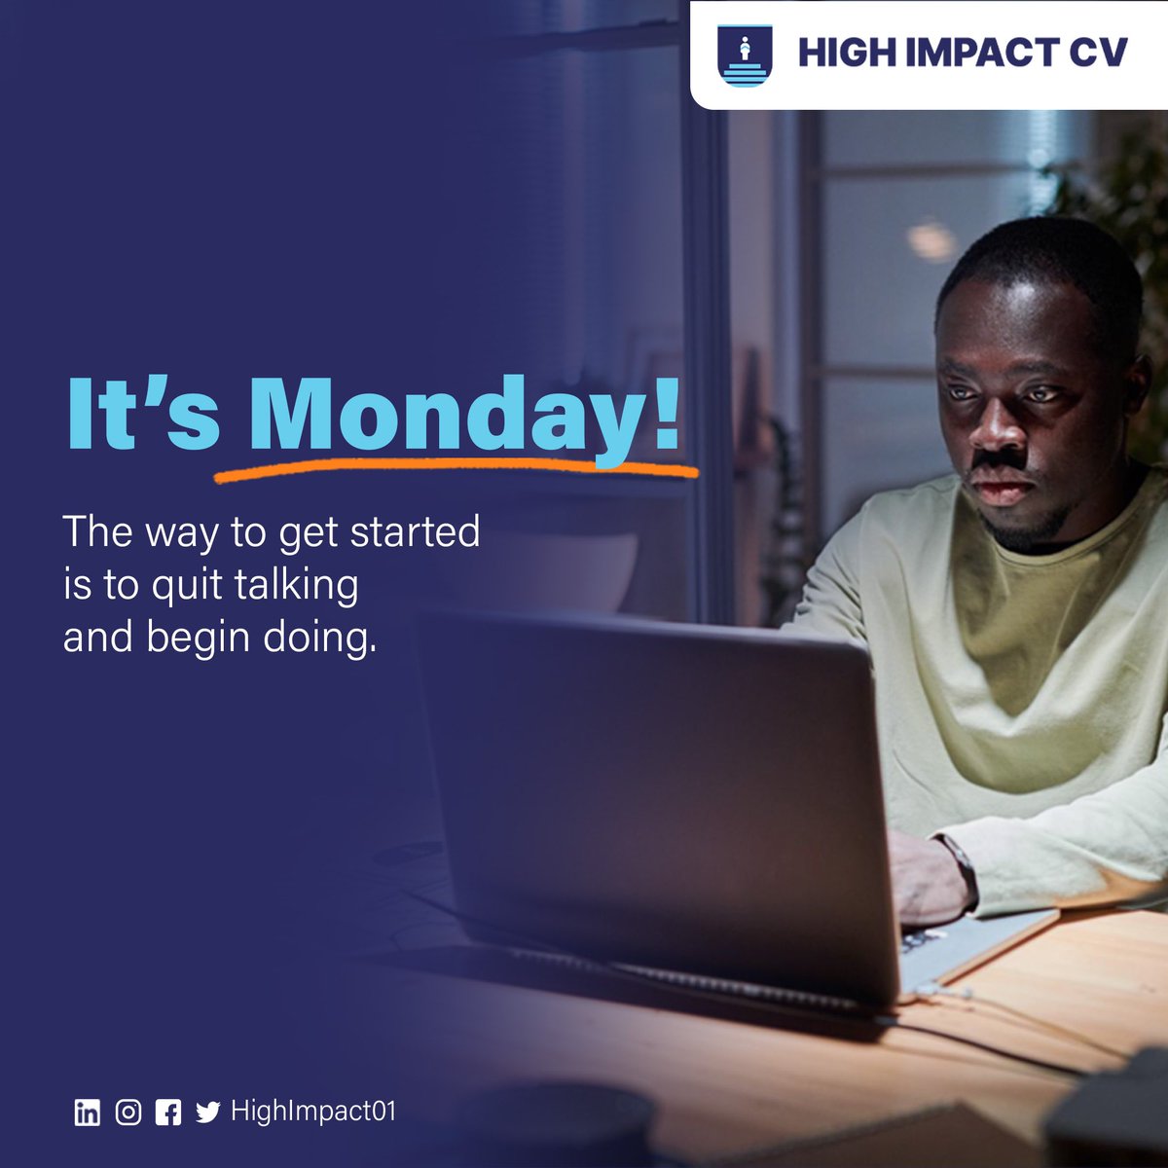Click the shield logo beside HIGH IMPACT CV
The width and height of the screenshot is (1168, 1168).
click(744, 55)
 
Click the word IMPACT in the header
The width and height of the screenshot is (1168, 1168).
click(959, 54)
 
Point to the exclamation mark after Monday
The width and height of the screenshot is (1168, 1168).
click(666, 413)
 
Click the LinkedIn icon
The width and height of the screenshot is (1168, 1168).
click(88, 1113)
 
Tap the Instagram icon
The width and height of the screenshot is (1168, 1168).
click(128, 1113)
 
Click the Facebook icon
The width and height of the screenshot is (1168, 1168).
click(168, 1113)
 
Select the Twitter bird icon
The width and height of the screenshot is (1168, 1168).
click(207, 1113)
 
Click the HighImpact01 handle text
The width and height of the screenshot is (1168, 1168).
click(313, 1112)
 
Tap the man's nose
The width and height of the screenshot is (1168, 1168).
click(999, 428)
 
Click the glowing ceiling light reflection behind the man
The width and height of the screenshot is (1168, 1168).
click(931, 238)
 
